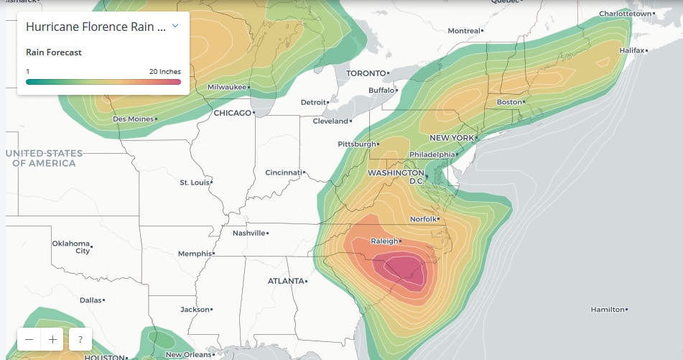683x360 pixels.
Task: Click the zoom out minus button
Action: [29, 339]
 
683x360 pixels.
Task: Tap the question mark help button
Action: [80, 339]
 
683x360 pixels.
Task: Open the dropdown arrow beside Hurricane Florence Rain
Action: [175, 27]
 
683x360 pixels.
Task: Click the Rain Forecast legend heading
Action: [54, 52]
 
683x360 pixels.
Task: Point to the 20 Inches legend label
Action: [165, 72]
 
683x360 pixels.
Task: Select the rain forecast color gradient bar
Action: [103, 82]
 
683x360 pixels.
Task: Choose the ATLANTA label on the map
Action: [285, 281]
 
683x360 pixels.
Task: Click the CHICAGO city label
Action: [233, 113]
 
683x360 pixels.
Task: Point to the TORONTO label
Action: [366, 73]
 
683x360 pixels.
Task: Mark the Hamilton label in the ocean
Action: [607, 309]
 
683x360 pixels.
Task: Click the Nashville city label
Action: [249, 233]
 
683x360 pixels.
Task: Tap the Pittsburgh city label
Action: [356, 144]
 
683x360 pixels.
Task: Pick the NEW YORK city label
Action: [451, 137]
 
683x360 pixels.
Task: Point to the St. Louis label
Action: [194, 183]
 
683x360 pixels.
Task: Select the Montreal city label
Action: [463, 31]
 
